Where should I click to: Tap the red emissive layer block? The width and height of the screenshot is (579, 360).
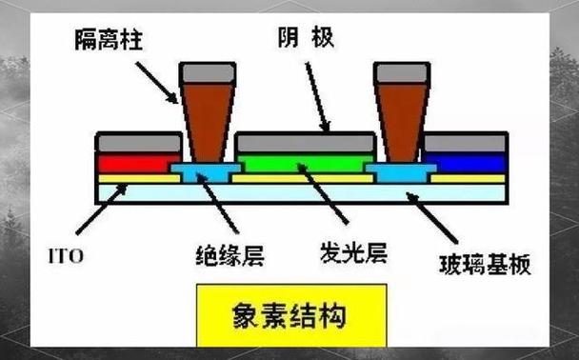click(138, 163)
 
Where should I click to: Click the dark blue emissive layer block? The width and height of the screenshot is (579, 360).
click(463, 163)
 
